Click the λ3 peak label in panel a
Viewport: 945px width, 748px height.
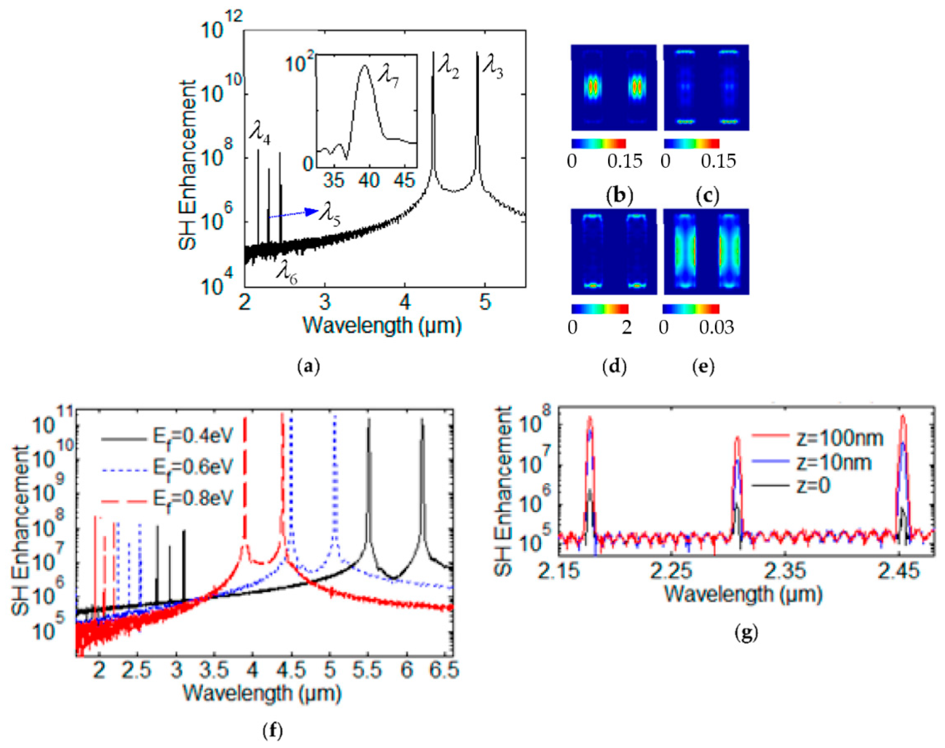click(x=493, y=70)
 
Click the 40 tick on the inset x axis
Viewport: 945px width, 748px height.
click(x=369, y=180)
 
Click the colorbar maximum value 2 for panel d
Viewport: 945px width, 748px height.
click(x=627, y=327)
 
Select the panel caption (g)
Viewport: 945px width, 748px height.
click(x=746, y=633)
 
